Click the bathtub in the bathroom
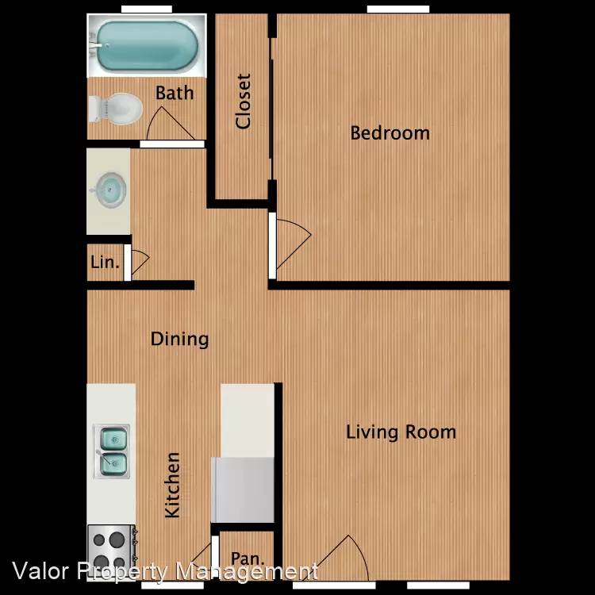point(147,45)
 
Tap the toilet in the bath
point(115,109)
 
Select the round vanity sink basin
point(109,190)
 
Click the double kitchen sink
point(112,451)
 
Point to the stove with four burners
point(112,551)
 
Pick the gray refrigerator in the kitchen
point(244,490)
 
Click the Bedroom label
point(390,133)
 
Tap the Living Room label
point(401,432)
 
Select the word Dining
point(180,339)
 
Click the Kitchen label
point(172,485)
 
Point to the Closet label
point(244,102)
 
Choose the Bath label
point(175,93)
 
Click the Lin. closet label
point(105,263)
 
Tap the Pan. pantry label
point(248,559)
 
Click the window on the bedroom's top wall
point(398,9)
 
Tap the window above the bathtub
point(147,9)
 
